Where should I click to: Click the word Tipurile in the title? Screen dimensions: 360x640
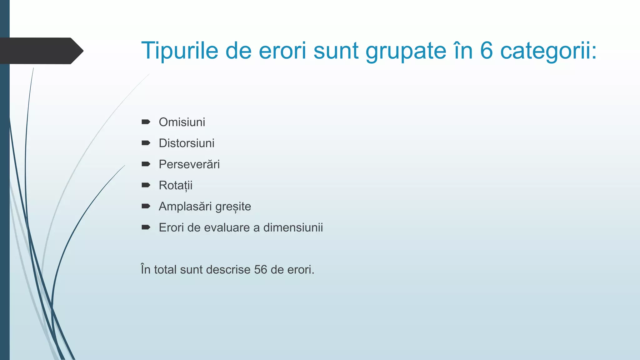180,51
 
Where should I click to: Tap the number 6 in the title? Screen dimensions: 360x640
486,51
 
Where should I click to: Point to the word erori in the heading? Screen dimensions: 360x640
282,51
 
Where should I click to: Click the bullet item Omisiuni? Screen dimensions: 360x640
182,122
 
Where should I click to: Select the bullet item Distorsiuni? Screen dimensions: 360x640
187,143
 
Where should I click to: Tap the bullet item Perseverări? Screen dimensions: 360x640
189,164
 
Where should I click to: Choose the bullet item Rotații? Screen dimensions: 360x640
175,186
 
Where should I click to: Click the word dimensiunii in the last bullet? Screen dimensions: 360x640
293,227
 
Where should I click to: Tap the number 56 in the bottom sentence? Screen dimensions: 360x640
261,270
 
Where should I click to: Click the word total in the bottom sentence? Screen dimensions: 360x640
165,270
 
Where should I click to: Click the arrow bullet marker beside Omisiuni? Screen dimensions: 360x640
146,122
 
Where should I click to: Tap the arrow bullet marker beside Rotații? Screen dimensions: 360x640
146,185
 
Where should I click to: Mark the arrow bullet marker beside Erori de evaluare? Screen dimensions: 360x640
146,227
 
